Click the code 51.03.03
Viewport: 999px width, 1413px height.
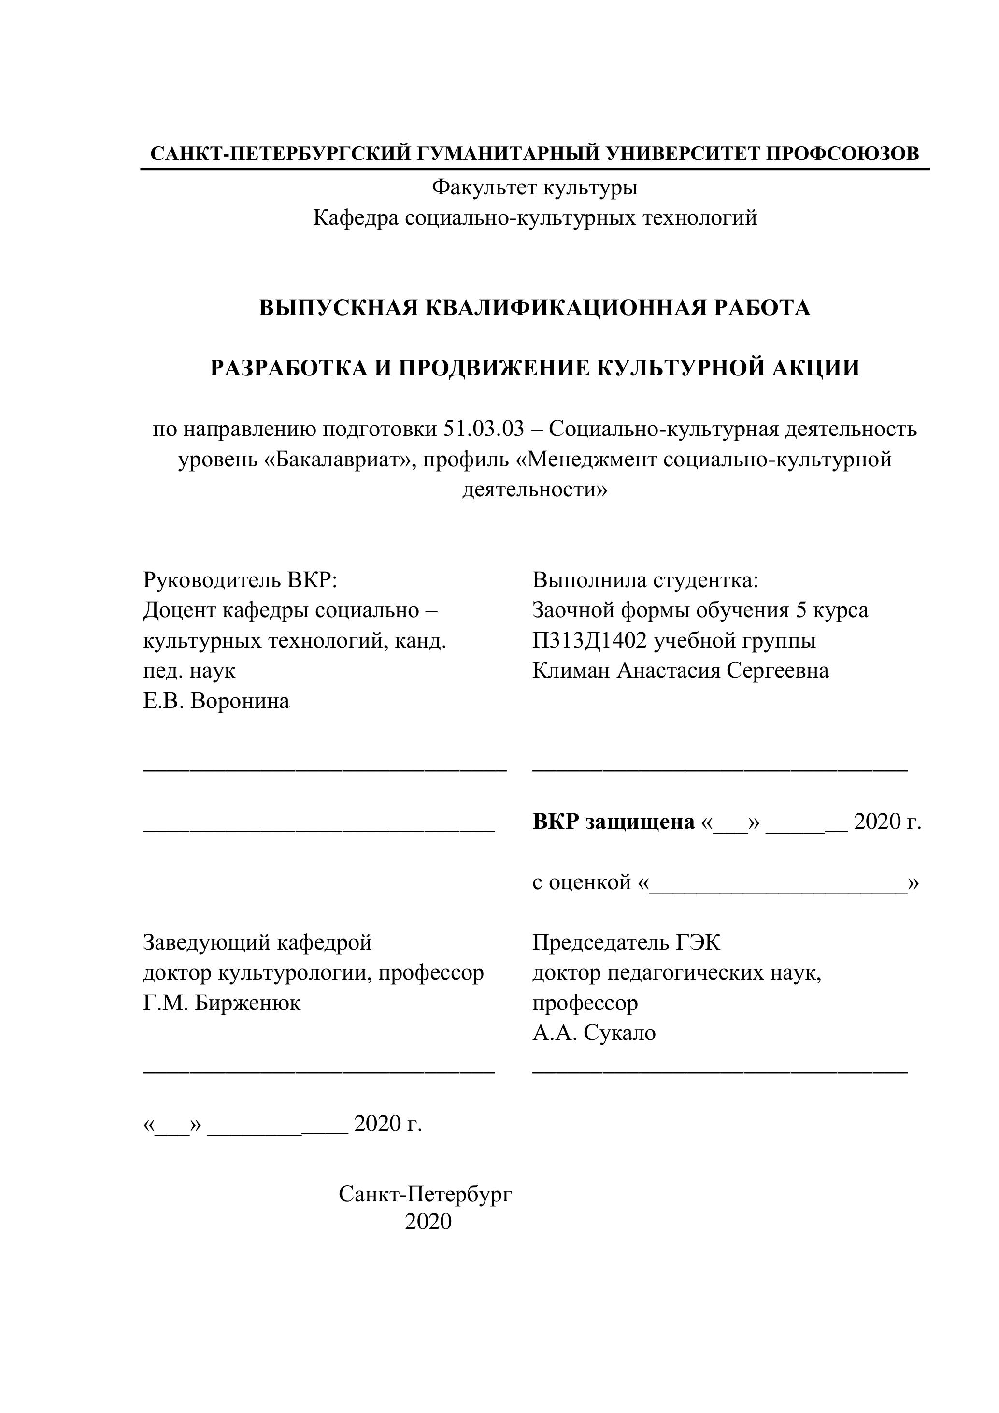tap(483, 429)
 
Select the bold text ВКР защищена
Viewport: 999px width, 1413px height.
tap(614, 822)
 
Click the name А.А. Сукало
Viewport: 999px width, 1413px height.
tap(594, 1033)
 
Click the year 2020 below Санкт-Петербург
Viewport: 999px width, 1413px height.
tap(428, 1222)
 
